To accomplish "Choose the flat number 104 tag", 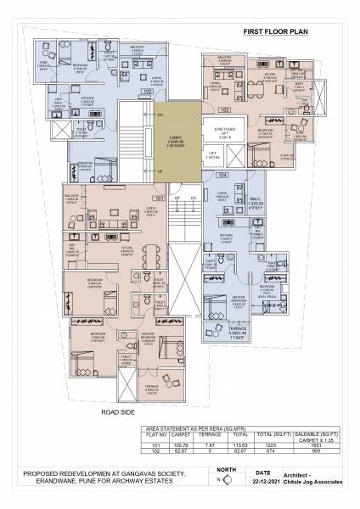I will coord(222,175).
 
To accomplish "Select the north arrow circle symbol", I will coord(219,481).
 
